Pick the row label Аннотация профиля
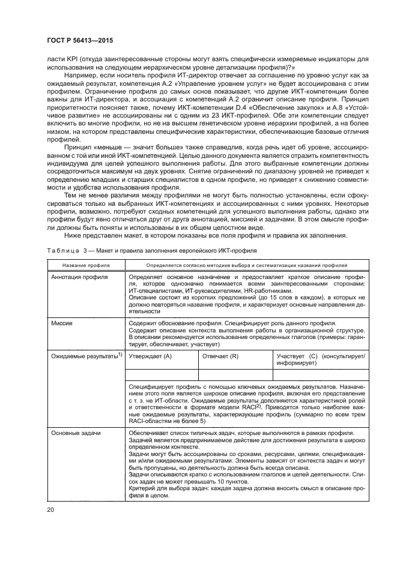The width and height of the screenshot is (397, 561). coord(80,278)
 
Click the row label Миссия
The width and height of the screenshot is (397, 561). coord(62,323)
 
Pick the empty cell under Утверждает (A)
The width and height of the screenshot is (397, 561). coord(161,376)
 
